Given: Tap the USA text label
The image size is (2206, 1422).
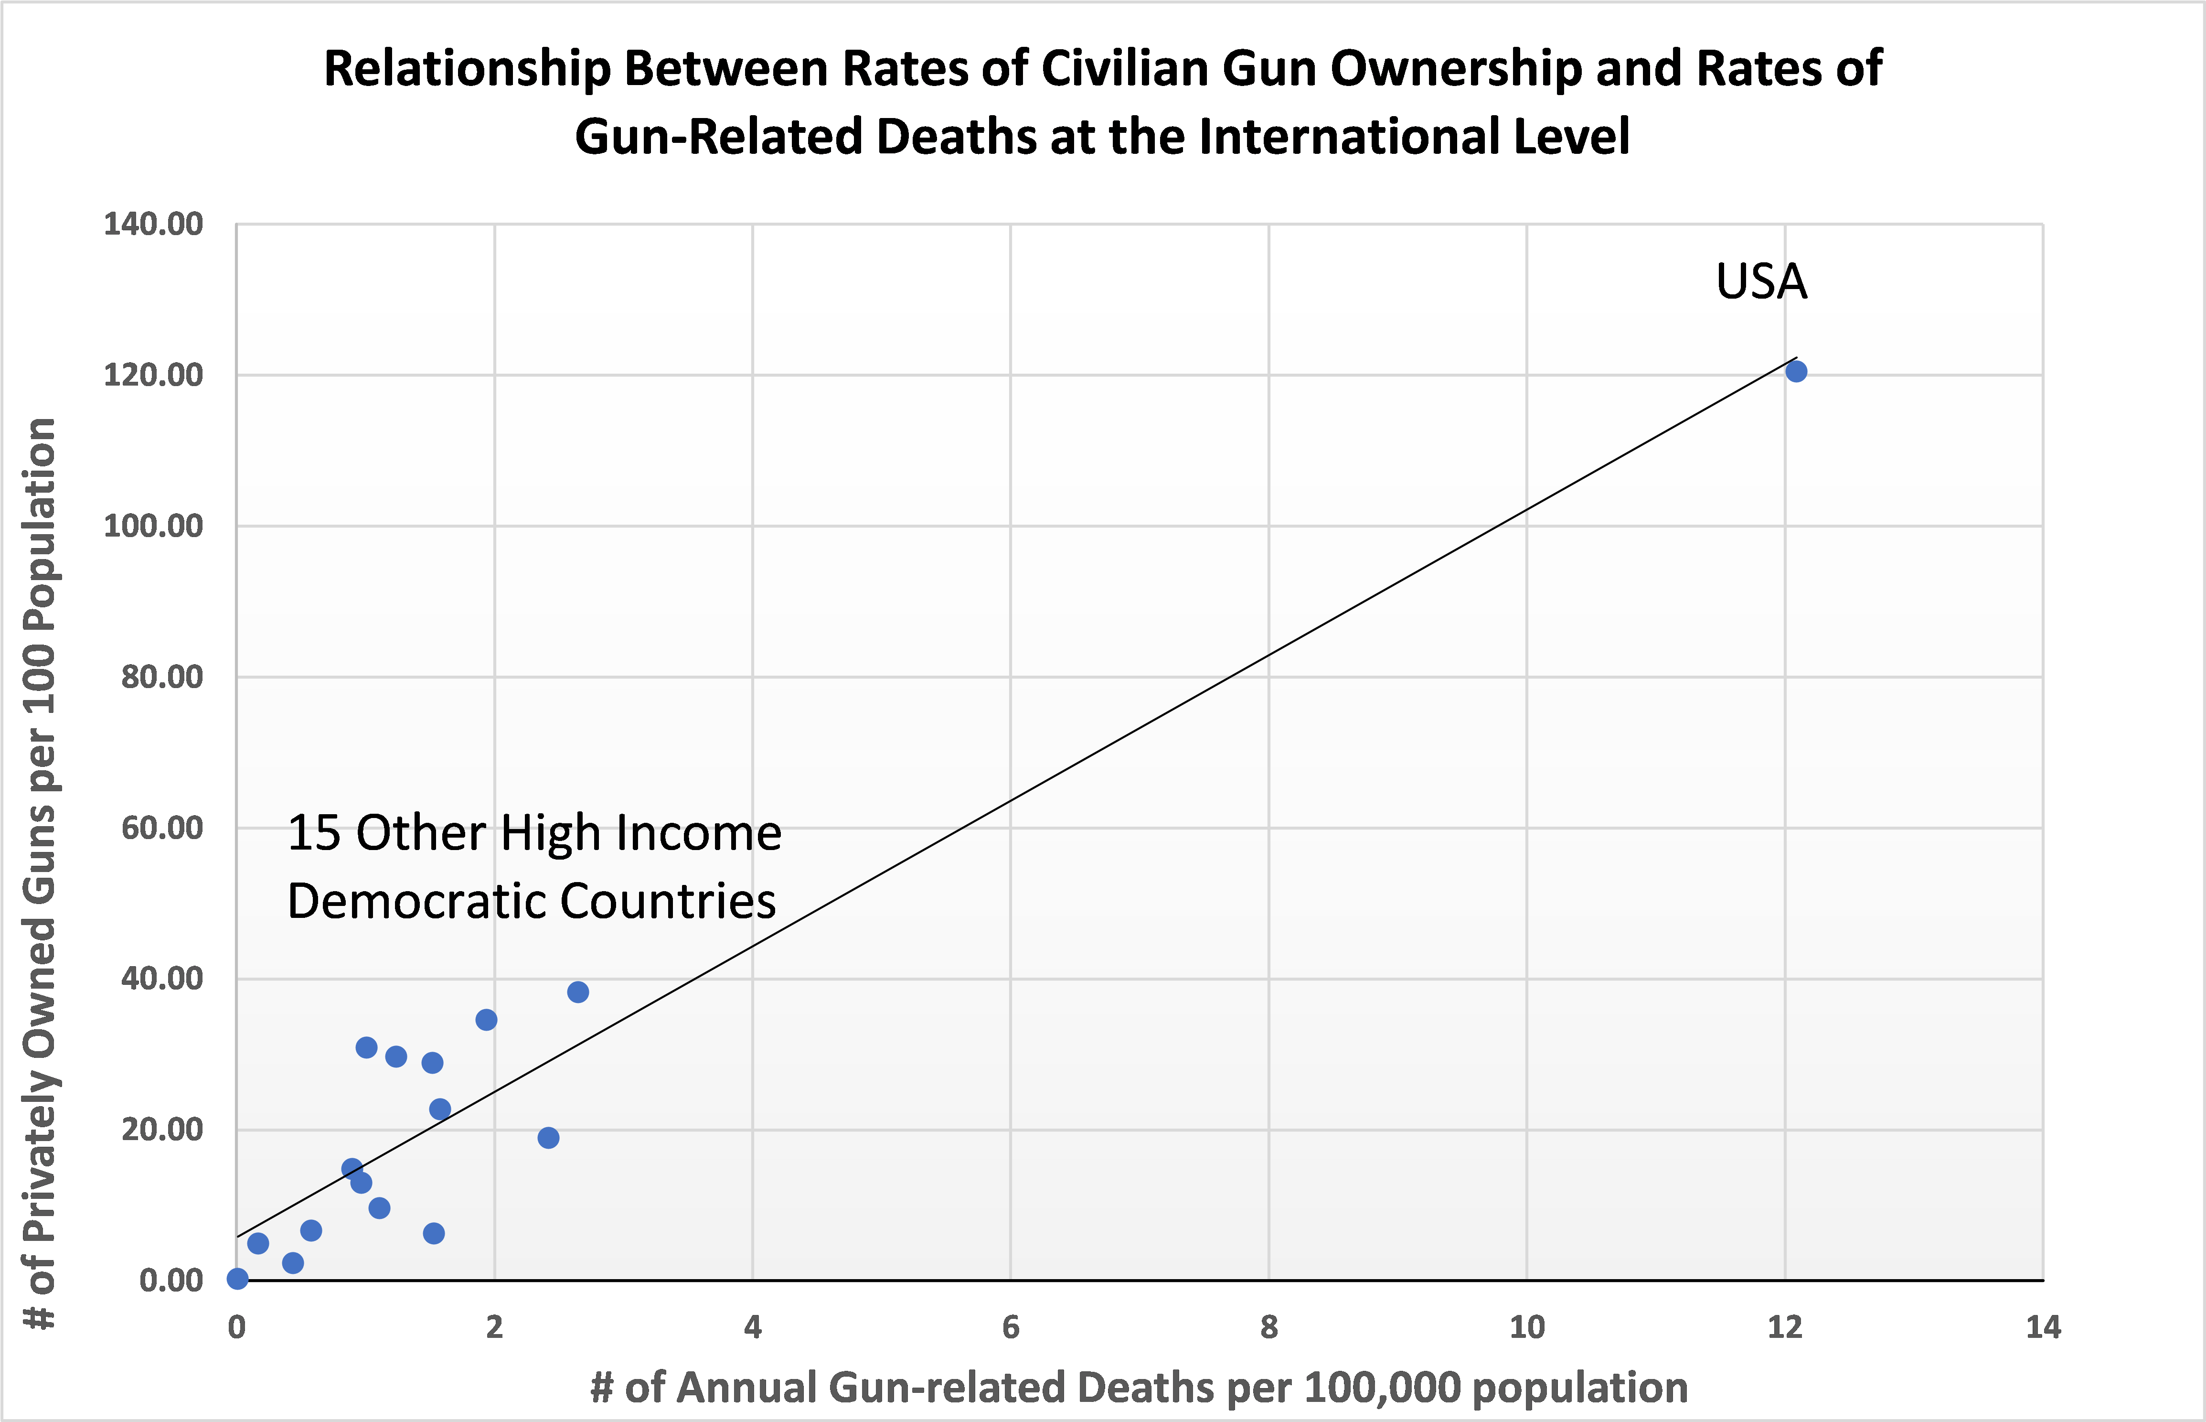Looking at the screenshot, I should (x=1761, y=281).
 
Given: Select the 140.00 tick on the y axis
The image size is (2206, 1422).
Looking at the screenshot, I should (x=153, y=225).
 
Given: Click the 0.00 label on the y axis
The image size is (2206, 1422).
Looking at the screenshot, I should (x=171, y=1281).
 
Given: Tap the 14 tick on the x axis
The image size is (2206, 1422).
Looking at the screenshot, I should (x=2043, y=1328).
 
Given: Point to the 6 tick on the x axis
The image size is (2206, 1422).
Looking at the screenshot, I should (x=1011, y=1328).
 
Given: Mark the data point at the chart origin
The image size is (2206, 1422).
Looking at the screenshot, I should (x=237, y=1279).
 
